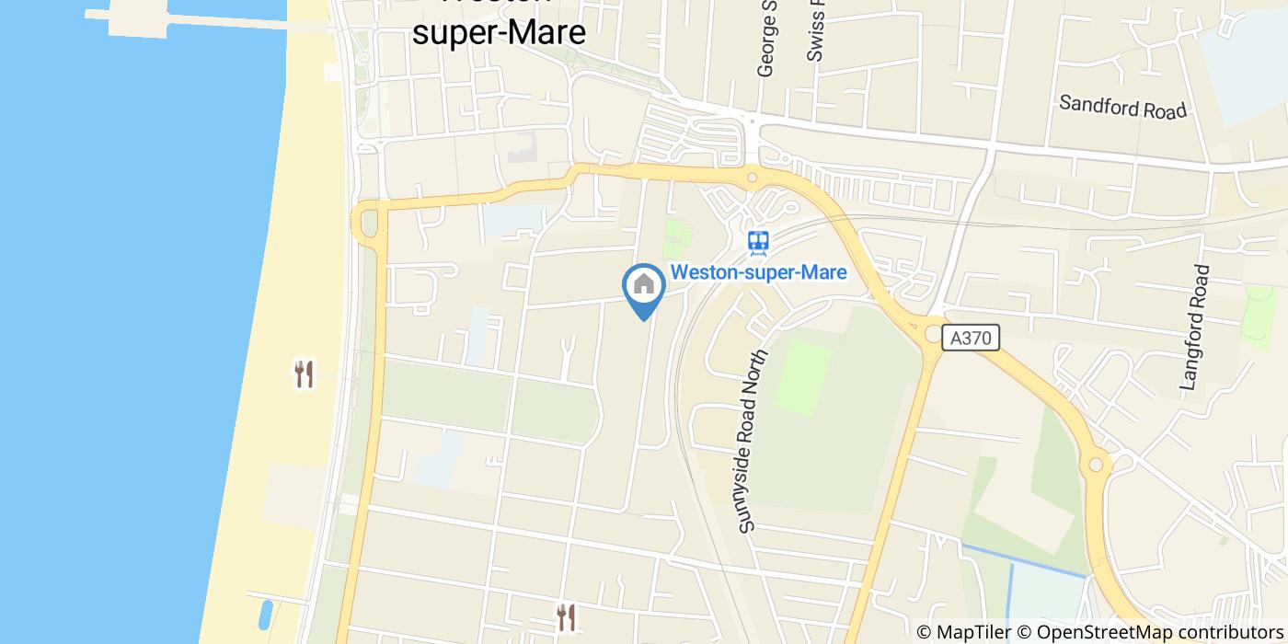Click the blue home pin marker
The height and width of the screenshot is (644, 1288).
click(x=644, y=288)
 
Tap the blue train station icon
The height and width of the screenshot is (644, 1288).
click(x=758, y=242)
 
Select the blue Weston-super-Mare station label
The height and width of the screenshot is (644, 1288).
click(x=758, y=272)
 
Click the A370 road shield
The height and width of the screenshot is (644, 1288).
click(x=972, y=339)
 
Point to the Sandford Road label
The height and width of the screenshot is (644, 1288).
click(x=1122, y=106)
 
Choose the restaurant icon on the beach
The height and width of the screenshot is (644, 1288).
click(x=304, y=374)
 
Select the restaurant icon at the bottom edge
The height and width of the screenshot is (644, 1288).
click(x=566, y=616)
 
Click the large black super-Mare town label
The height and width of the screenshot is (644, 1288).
click(x=499, y=32)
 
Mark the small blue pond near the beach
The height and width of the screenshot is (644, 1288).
click(x=266, y=613)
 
